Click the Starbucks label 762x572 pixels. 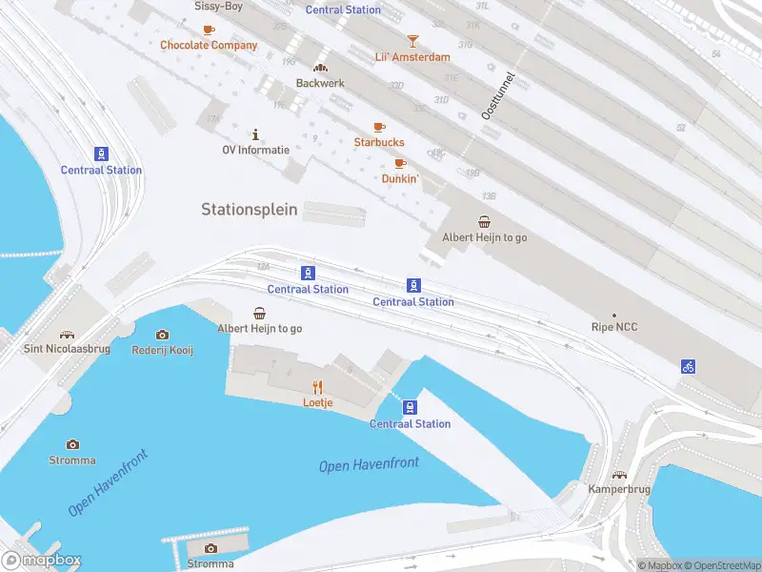pos(379,143)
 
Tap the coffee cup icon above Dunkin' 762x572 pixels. pos(400,163)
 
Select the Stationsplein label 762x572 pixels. pos(250,209)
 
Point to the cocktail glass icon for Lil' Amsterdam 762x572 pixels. pos(412,41)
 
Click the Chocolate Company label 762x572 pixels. pos(209,45)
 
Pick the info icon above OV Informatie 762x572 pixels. pos(255,134)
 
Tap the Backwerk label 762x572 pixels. pos(320,83)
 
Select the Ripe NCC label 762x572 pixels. pos(614,328)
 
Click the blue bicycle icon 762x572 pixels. pos(688,366)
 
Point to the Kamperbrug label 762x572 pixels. pos(620,489)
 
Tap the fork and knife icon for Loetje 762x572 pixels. pos(318,387)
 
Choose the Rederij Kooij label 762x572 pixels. pos(162,350)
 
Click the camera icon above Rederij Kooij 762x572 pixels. pos(162,335)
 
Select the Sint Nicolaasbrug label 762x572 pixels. pos(67,350)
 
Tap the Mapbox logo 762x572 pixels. pos(42,561)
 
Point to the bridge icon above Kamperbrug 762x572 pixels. pos(620,475)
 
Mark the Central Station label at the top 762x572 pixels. pos(343,10)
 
